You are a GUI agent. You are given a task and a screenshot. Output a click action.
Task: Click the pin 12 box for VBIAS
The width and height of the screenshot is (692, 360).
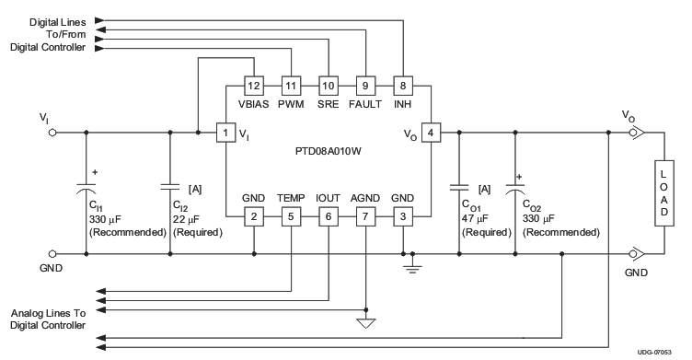[x=253, y=86]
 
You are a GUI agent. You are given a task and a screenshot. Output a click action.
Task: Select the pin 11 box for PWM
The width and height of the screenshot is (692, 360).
[x=291, y=86]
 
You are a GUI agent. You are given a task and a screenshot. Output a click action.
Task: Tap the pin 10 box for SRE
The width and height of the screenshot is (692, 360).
[x=328, y=86]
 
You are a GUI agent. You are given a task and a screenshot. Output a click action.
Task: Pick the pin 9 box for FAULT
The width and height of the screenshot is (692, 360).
[x=364, y=86]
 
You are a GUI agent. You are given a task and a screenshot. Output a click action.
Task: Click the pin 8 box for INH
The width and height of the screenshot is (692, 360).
[x=402, y=86]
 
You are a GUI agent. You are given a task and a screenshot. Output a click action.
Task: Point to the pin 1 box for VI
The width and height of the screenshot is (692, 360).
[x=225, y=134]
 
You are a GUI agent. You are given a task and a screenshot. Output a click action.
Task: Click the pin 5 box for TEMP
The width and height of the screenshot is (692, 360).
[x=291, y=217]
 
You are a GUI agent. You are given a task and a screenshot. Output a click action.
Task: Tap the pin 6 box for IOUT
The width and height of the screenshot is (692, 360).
[x=328, y=217]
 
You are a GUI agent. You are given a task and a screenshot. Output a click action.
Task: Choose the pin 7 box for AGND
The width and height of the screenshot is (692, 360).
[x=365, y=217]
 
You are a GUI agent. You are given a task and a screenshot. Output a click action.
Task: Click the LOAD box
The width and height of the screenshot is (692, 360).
[x=663, y=193]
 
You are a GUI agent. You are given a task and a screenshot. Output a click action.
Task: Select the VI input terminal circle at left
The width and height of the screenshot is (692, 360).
[x=52, y=133]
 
